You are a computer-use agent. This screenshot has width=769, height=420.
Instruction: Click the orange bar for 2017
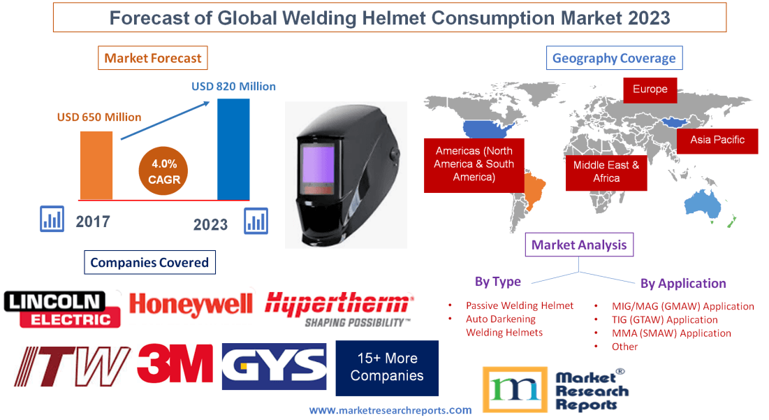96,165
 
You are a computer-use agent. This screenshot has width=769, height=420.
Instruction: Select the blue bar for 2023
233,149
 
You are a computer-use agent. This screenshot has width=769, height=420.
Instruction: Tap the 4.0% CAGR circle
163,171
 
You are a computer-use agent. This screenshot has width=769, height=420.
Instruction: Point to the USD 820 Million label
233,87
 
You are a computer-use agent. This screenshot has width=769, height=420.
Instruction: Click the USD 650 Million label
99,117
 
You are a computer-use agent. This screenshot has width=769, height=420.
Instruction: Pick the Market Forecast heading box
153,58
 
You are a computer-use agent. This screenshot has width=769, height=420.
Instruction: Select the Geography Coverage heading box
614,58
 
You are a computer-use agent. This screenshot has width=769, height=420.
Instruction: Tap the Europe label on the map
650,89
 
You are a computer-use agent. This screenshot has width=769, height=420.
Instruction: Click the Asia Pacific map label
717,140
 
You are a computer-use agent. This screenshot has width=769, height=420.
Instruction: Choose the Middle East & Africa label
606,171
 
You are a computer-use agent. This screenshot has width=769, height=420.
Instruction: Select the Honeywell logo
191,305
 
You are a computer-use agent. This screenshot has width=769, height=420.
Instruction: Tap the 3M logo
175,364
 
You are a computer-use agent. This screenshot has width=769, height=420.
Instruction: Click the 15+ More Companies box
387,368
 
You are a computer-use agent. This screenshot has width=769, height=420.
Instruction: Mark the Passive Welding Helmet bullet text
519,305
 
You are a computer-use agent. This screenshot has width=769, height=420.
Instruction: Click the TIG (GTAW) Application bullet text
664,319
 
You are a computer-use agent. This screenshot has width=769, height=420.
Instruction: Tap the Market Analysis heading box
579,245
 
